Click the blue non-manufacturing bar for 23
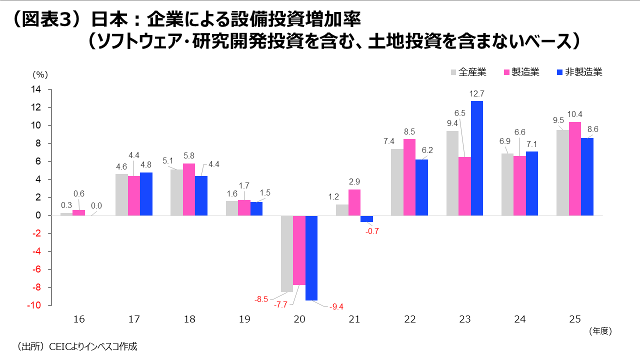(x=476, y=158)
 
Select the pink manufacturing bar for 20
(x=299, y=250)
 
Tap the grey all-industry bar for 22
(x=397, y=182)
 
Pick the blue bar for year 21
(x=366, y=218)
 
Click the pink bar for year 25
(x=575, y=168)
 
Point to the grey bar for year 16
(x=66, y=214)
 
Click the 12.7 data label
(x=476, y=93)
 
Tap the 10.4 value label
(x=575, y=114)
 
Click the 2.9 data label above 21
(x=354, y=182)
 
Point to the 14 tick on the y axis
(x=36, y=89)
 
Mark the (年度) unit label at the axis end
(x=600, y=330)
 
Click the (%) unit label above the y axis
(x=40, y=74)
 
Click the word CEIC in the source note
(x=59, y=346)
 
